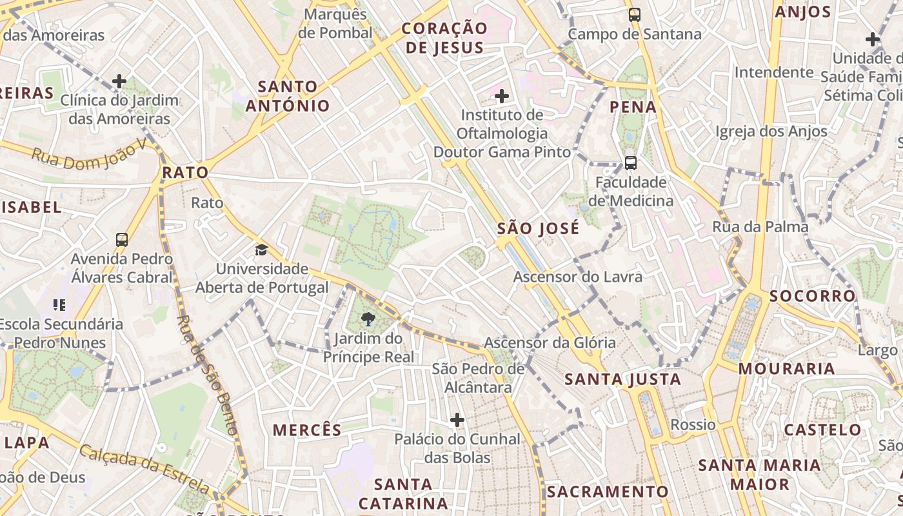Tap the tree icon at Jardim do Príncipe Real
click(x=368, y=318)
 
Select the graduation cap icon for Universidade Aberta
click(x=261, y=250)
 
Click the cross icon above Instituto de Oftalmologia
click(x=501, y=96)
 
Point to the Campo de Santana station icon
click(x=635, y=14)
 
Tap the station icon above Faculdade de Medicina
click(x=630, y=163)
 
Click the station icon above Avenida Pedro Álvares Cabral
click(x=121, y=239)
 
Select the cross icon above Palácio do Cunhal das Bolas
click(x=457, y=420)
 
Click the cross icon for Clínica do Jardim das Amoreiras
click(x=119, y=81)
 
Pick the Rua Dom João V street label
click(x=89, y=155)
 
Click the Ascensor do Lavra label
click(x=577, y=277)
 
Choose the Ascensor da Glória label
click(x=550, y=342)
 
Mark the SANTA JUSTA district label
click(x=622, y=379)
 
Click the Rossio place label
click(x=693, y=424)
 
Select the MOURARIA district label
click(x=786, y=369)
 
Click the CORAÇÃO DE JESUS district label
click(x=444, y=38)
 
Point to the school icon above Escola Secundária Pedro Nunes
click(x=59, y=304)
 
